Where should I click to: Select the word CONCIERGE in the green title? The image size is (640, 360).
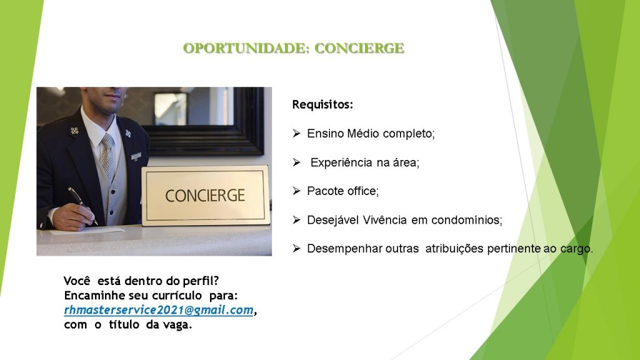point(359,48)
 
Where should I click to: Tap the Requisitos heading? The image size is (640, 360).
point(322,105)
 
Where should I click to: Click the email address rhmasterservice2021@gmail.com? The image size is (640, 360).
point(159,310)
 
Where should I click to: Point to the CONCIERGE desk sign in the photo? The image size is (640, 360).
point(205,196)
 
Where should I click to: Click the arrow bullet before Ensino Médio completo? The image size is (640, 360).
point(297,133)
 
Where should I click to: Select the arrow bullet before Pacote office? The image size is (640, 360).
point(297,191)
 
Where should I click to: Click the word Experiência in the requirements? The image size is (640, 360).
point(341,163)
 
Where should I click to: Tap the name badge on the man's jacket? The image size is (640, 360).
point(136,156)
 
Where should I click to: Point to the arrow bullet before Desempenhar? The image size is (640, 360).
point(297,248)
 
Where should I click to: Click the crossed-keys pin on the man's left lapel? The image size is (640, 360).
point(127,133)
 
